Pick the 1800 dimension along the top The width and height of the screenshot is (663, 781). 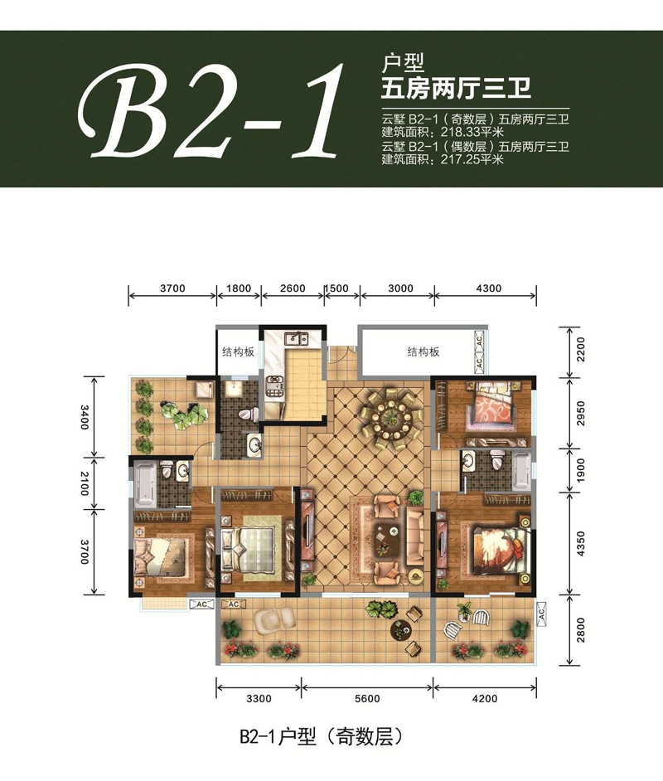238,289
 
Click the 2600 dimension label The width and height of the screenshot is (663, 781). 293,289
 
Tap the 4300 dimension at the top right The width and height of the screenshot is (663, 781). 488,289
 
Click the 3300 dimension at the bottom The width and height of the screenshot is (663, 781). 259,699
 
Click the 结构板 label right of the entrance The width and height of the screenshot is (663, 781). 423,352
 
